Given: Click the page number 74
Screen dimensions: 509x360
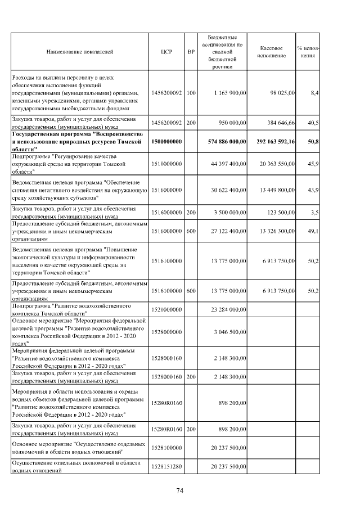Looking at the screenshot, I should pos(180,491).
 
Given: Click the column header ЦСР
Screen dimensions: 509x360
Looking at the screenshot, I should pos(166,52).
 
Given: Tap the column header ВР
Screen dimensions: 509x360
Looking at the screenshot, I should pos(191,52).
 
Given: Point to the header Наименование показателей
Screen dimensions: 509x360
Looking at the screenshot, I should pos(80,52).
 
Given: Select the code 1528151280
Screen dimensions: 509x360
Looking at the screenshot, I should pos(166,467).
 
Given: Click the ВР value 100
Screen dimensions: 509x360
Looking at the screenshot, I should pos(191,92).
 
